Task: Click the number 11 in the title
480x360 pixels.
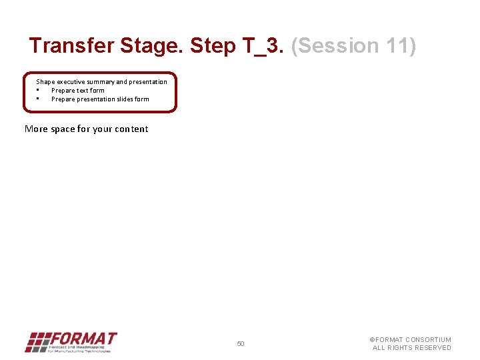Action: [x=399, y=46]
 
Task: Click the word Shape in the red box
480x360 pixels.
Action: [x=45, y=81]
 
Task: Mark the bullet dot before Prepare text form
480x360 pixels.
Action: [x=38, y=90]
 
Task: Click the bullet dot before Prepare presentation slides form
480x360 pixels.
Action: [x=38, y=99]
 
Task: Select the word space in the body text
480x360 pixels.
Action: [x=63, y=129]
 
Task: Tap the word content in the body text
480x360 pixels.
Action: [x=131, y=129]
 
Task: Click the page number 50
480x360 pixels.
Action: [x=241, y=344]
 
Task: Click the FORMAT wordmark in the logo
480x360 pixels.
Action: [x=83, y=339]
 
